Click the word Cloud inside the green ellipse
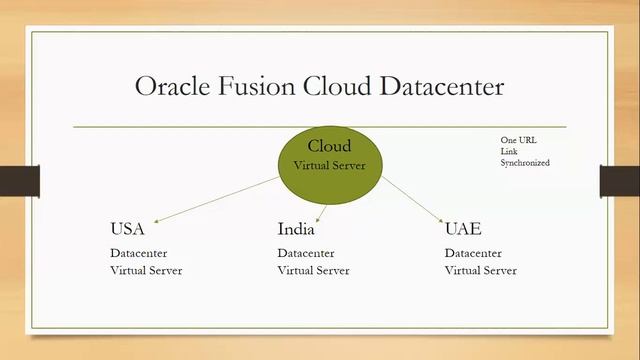coord(329,146)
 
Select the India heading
coord(295,229)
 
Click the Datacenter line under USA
coord(139,253)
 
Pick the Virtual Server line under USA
coord(146,270)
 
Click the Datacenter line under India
coord(306,253)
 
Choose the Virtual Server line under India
coord(313,270)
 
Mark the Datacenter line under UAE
coord(473,253)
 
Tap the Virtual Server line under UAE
coord(480,270)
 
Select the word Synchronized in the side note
coord(525,162)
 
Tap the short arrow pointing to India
coord(322,209)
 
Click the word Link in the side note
coord(509,151)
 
